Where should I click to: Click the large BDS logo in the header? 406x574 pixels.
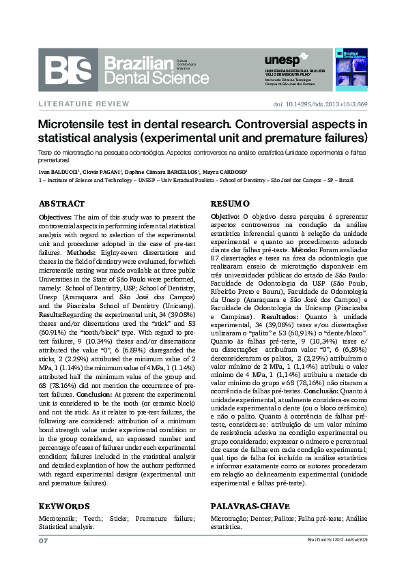(69, 68)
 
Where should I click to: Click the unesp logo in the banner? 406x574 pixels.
(280, 60)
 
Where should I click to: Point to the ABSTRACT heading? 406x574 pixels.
(61, 204)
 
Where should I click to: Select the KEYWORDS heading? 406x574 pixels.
(64, 507)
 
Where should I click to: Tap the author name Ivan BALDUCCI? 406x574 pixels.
(61, 171)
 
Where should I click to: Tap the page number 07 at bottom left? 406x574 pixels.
(42, 540)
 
